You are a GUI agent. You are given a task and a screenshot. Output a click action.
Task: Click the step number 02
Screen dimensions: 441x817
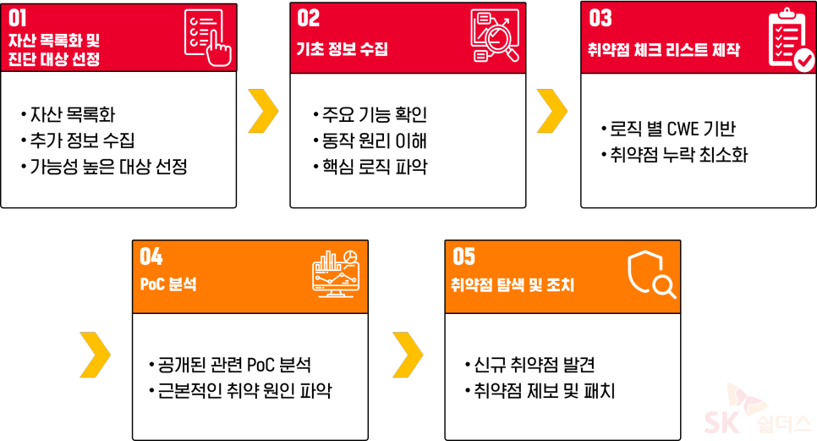click(x=308, y=18)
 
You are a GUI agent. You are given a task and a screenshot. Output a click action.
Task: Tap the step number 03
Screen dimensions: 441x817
click(x=600, y=18)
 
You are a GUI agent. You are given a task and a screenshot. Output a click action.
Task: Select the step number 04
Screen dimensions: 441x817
click(x=151, y=256)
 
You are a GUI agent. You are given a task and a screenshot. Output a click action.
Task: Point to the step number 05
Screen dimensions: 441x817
click(x=463, y=256)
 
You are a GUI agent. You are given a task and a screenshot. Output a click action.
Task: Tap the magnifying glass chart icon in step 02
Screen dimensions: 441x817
click(x=496, y=36)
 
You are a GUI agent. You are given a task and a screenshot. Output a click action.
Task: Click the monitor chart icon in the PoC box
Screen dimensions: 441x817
click(x=336, y=274)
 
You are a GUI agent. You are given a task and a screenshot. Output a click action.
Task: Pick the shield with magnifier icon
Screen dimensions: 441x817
click(x=650, y=275)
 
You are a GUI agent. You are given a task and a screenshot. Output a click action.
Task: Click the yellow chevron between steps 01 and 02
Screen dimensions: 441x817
click(x=263, y=110)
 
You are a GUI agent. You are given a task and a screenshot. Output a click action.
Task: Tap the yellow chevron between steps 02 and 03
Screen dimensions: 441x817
click(x=551, y=110)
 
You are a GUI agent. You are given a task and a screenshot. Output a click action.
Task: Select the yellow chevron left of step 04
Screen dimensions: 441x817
click(x=95, y=354)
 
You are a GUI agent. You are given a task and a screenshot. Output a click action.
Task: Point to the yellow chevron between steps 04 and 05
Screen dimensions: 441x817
click(x=408, y=354)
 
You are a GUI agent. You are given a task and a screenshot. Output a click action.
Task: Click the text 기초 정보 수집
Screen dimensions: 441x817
click(x=342, y=49)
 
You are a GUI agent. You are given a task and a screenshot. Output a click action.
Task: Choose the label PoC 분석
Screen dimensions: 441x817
click(x=168, y=284)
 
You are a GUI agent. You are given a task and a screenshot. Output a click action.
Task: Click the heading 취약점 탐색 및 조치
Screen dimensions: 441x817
click(x=513, y=285)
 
